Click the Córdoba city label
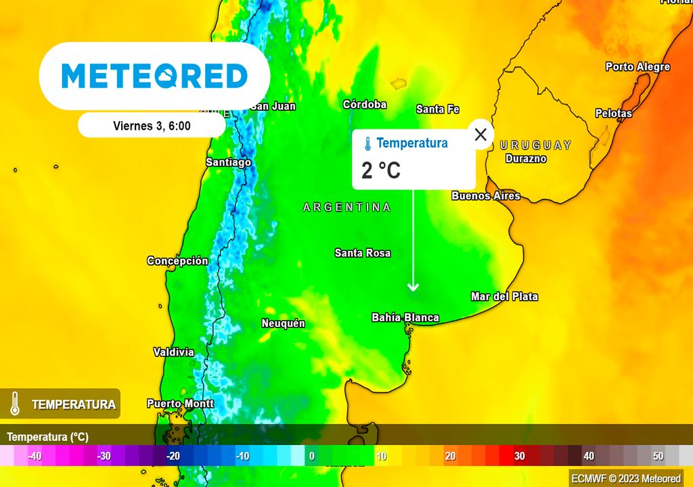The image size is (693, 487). [365, 104]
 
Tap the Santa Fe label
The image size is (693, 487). [438, 109]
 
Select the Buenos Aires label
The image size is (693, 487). [486, 195]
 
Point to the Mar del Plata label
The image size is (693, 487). [504, 296]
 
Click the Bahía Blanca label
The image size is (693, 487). [405, 317]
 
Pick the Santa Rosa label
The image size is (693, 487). [362, 253]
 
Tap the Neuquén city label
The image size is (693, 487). [283, 323]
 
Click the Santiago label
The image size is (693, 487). [228, 162]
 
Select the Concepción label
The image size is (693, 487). [177, 261]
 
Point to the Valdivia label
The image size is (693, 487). [173, 352]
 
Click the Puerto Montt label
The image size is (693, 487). [180, 404]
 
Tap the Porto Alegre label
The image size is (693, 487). [638, 67]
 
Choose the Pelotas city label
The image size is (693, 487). [614, 114]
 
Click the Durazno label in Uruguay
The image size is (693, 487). [526, 159]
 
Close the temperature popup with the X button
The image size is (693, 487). [480, 134]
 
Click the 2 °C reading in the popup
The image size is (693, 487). [381, 170]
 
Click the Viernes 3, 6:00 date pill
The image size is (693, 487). [152, 125]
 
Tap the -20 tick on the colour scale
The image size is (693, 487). [173, 456]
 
